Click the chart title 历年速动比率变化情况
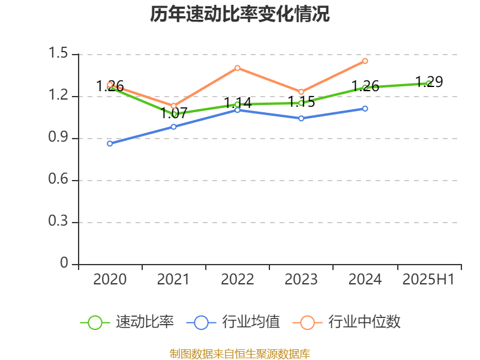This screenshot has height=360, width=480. [240, 14]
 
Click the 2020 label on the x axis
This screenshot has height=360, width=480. [110, 279]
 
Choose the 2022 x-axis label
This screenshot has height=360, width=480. [238, 279]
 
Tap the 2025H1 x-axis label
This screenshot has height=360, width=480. [428, 279]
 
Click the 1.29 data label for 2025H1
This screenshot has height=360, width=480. [429, 82]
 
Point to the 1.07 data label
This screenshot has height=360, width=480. [174, 112]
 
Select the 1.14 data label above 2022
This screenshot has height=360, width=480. [238, 103]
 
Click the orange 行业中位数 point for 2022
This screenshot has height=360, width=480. [238, 68]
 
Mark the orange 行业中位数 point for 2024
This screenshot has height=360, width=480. [365, 61]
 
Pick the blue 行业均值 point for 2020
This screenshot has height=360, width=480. [110, 143]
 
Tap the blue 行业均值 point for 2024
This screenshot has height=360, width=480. [365, 109]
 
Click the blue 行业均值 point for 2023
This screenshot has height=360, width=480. [301, 118]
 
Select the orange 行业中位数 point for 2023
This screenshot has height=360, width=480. [301, 92]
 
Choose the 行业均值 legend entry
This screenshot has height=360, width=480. [233, 322]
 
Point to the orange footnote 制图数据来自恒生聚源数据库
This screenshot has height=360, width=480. [240, 353]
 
